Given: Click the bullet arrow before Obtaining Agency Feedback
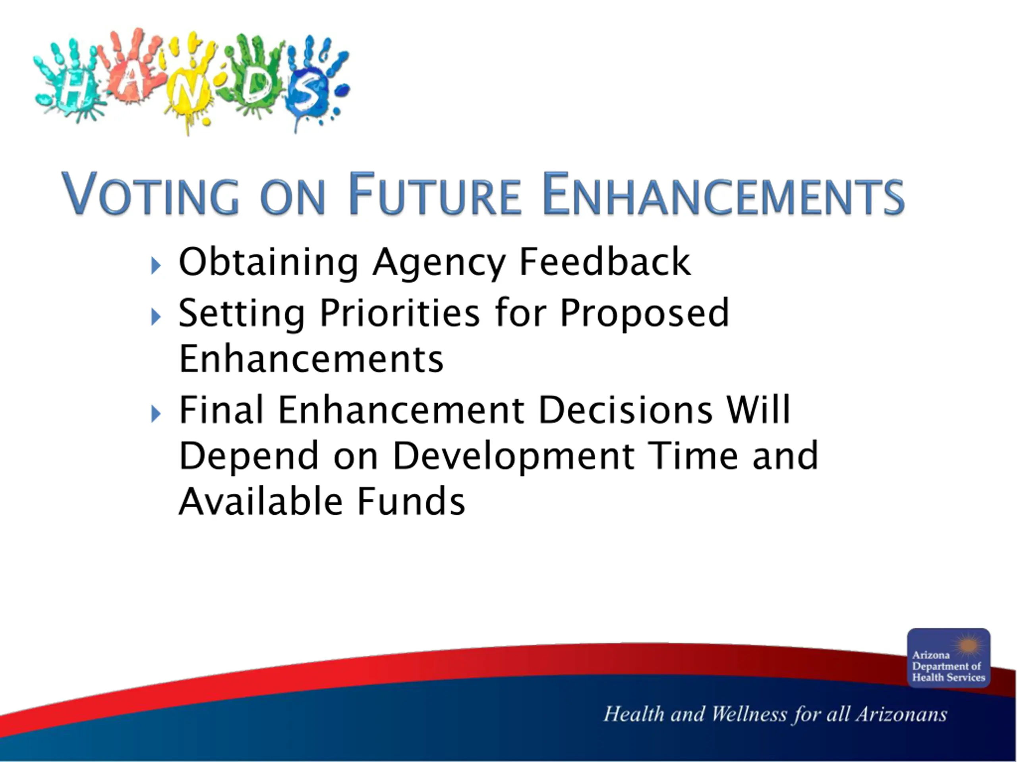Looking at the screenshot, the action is click(x=156, y=266).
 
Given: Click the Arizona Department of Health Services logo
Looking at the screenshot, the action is click(x=949, y=657).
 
